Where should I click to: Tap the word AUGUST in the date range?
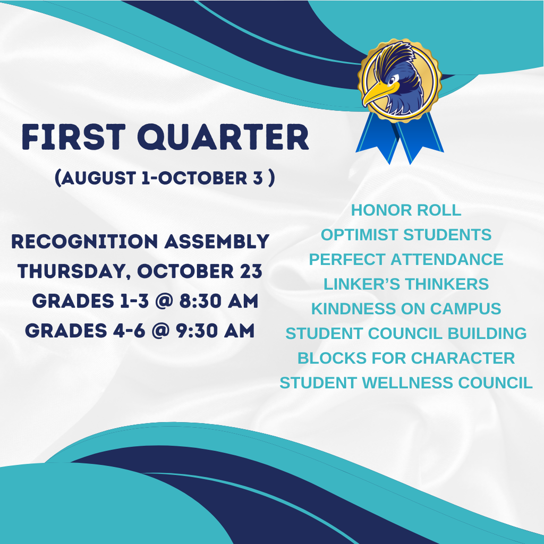click(x=95, y=178)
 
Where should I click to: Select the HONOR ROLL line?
click(x=406, y=210)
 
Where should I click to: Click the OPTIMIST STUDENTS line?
click(x=406, y=234)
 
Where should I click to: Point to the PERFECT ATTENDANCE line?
click(x=406, y=259)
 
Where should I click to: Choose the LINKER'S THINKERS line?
click(x=406, y=284)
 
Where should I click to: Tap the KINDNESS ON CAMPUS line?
click(x=406, y=308)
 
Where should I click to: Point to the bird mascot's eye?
click(x=392, y=81)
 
